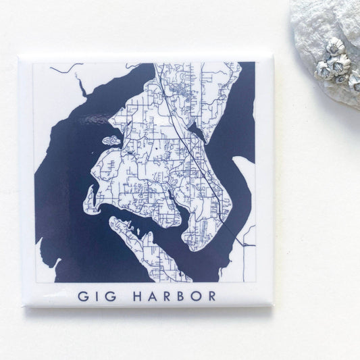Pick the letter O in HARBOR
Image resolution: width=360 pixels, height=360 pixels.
[195, 296]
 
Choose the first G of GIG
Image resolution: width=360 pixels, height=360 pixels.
[83, 296]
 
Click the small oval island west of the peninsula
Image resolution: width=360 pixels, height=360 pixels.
[111, 141]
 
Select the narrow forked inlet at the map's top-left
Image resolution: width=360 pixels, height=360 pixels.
[80, 84]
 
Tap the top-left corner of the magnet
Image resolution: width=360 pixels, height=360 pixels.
[20, 57]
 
